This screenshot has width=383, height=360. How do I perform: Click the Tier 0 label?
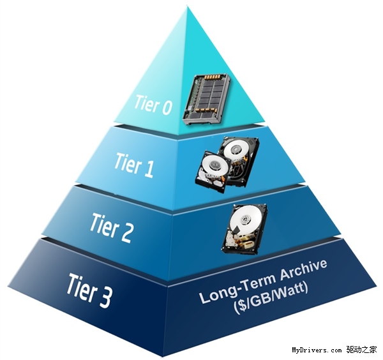pyautogui.click(x=153, y=105)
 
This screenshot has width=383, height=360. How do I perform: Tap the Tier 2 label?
pyautogui.click(x=112, y=225)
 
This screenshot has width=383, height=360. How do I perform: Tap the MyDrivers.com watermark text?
pyautogui.click(x=317, y=350)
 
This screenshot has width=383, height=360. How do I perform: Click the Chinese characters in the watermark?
pyautogui.click(x=362, y=350)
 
